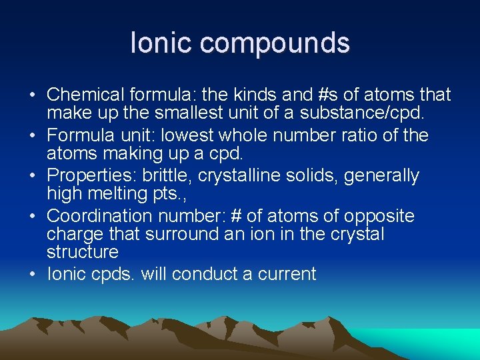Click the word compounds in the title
pos(274,43)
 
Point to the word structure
pos(83,252)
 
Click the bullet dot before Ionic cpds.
pos(33,274)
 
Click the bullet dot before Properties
pos(33,176)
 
